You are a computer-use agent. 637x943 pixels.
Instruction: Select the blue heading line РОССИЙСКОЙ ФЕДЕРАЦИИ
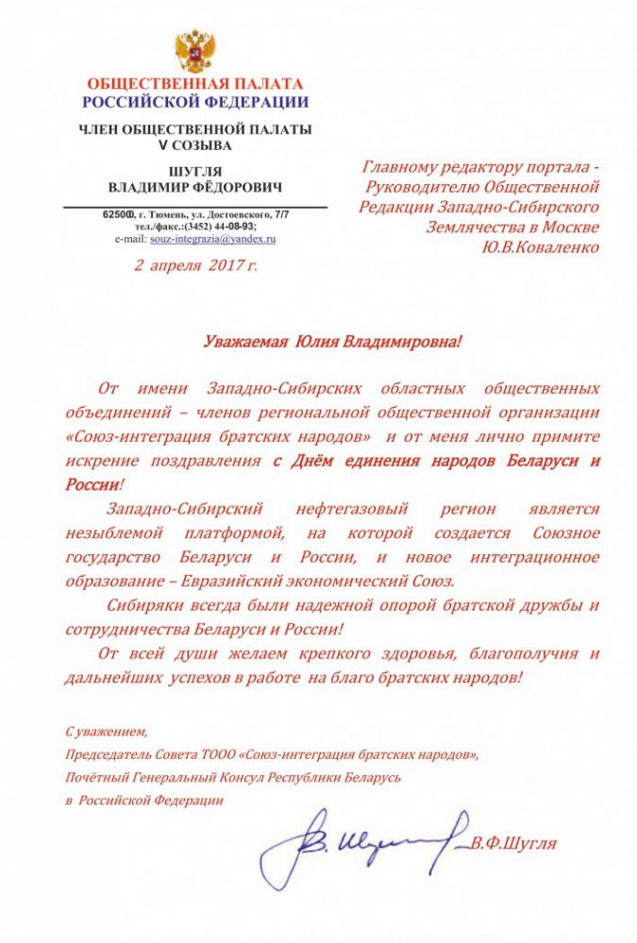[x=195, y=102]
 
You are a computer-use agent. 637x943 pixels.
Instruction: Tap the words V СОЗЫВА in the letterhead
[x=195, y=145]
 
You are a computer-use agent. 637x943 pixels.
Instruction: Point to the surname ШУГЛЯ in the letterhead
[x=195, y=171]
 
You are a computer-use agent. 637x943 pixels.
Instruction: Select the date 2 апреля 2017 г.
[x=195, y=265]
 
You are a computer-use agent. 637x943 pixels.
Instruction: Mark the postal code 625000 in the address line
[x=120, y=216]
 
